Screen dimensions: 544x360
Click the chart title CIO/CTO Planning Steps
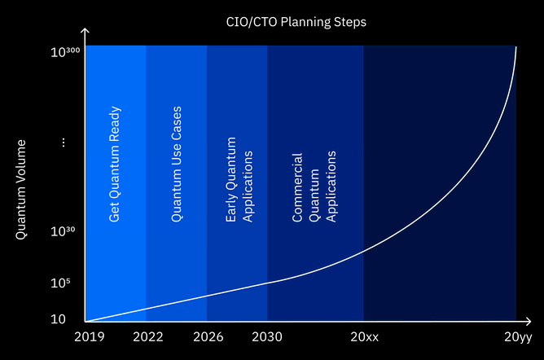click(x=296, y=22)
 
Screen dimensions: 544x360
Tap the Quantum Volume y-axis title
click(x=21, y=189)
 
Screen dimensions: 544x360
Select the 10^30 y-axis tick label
click(x=63, y=231)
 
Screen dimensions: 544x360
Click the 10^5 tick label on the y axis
click(x=60, y=283)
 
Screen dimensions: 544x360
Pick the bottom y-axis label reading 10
click(x=58, y=319)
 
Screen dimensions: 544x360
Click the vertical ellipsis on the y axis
click(x=64, y=143)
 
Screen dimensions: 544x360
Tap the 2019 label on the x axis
click(x=89, y=336)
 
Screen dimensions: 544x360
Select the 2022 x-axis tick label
click(x=148, y=336)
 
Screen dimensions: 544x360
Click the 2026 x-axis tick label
click(x=208, y=336)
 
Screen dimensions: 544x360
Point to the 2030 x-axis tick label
click(x=267, y=336)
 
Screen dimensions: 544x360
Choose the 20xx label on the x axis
click(x=365, y=336)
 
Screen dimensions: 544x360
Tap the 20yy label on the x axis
click(x=518, y=337)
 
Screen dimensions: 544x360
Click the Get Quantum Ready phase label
click(x=115, y=164)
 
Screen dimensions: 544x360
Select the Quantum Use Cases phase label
click(x=176, y=164)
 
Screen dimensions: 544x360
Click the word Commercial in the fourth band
click(x=297, y=187)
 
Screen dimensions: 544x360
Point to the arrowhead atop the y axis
click(x=85, y=31)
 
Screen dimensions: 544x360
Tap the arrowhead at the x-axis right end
click(x=528, y=322)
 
